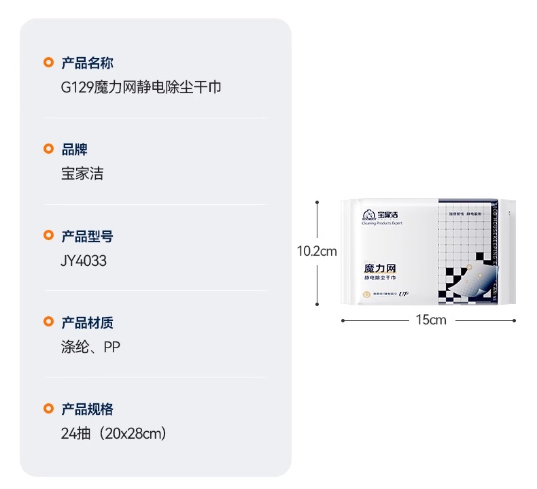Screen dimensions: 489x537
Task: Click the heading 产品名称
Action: point(87,63)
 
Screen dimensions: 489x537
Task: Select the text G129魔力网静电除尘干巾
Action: point(141,88)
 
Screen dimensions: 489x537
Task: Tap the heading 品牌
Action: point(74,150)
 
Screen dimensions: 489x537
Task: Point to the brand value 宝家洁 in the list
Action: point(82,174)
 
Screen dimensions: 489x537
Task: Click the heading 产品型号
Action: point(87,236)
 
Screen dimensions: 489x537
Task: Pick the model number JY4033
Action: point(84,260)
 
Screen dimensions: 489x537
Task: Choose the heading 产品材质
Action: point(87,322)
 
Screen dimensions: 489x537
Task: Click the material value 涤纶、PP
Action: point(90,347)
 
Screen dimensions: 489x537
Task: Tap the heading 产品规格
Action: point(87,409)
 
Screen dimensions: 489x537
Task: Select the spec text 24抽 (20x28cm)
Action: point(114,433)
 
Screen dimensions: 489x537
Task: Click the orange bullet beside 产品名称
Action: point(48,63)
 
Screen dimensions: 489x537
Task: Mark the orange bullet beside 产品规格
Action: point(48,409)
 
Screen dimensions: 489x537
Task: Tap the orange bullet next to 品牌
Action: point(48,150)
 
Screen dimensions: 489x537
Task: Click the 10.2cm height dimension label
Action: point(317,251)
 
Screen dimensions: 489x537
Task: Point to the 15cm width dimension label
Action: point(431,320)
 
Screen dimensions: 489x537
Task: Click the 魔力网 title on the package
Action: point(381,269)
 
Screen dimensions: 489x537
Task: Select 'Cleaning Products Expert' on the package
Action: point(383,222)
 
